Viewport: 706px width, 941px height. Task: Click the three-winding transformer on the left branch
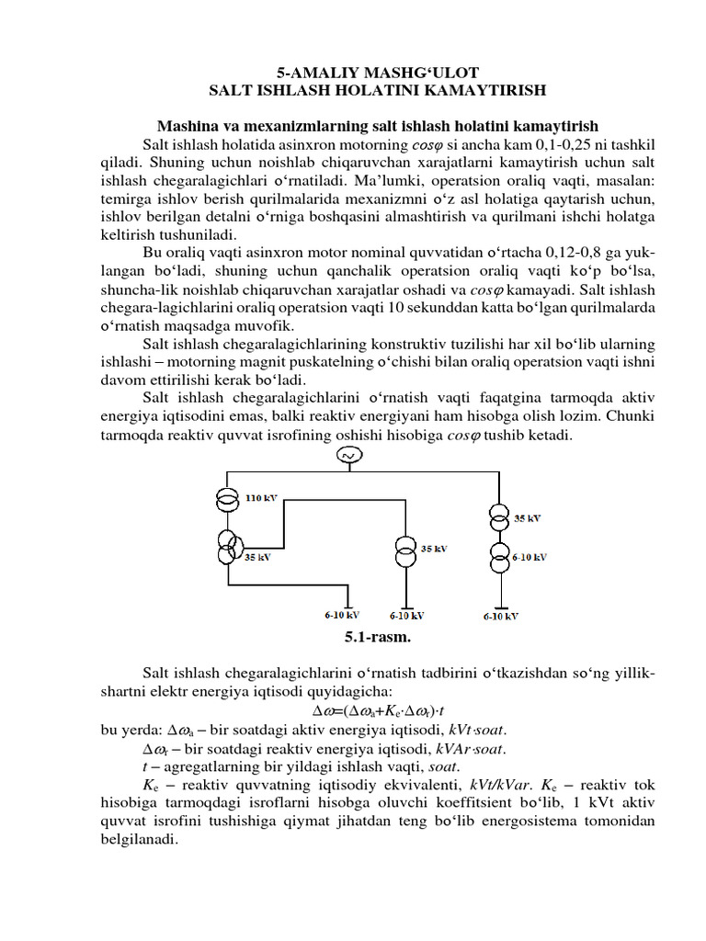point(226,548)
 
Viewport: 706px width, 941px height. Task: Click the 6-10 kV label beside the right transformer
point(529,556)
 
